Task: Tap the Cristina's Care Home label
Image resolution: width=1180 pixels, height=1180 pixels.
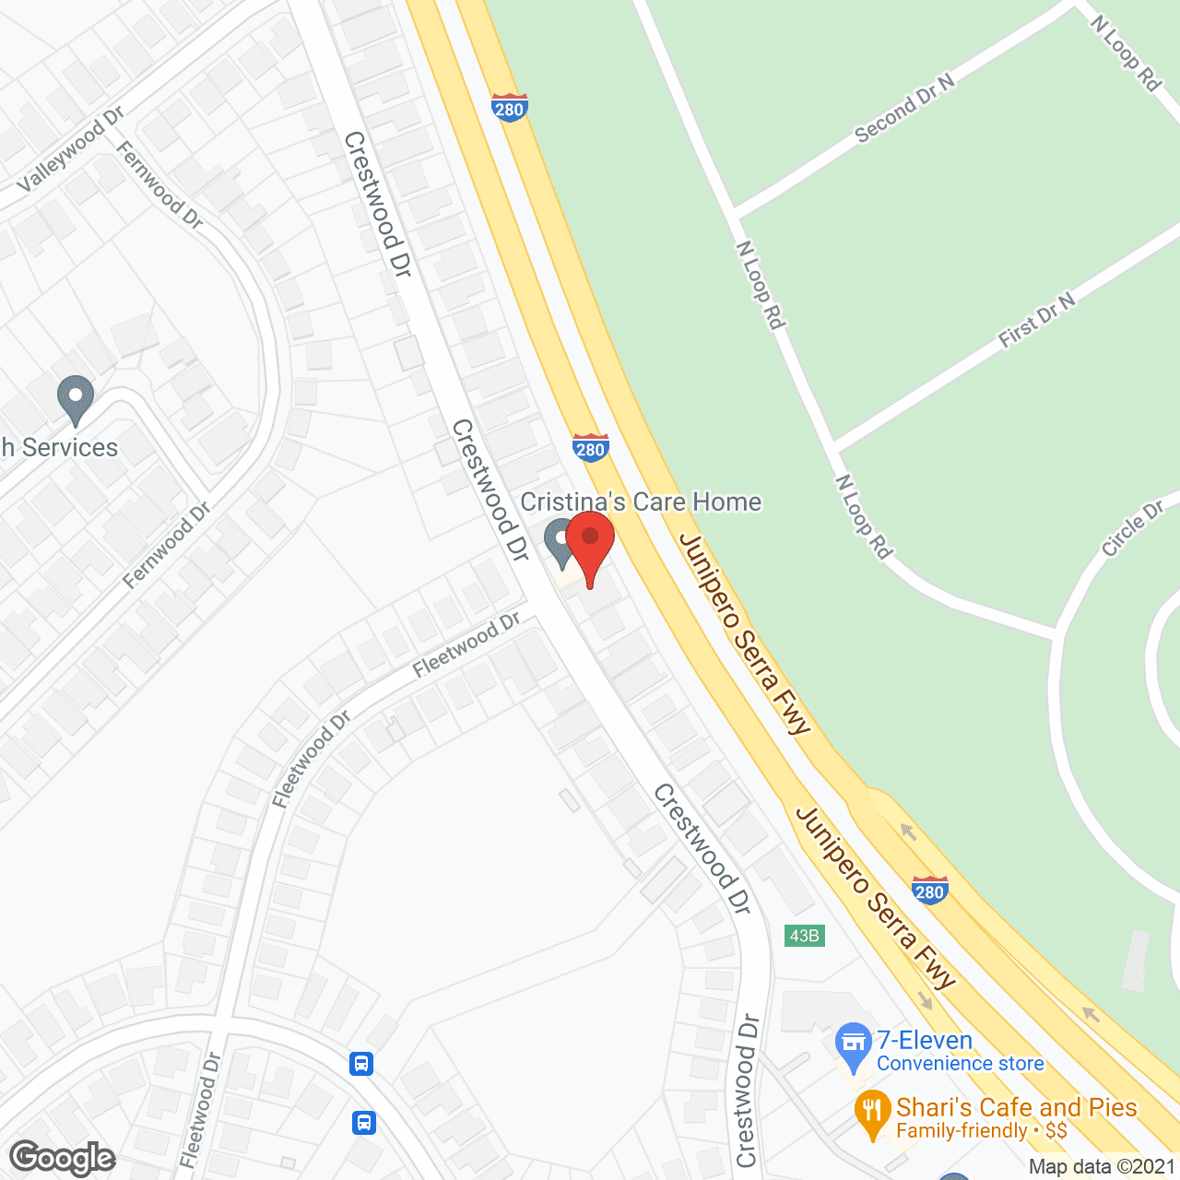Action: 642,502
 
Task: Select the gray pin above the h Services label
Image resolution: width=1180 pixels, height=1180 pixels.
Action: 76,400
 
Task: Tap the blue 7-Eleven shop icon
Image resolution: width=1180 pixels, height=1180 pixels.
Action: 854,1045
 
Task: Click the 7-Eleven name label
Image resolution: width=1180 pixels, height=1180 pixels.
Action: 925,1041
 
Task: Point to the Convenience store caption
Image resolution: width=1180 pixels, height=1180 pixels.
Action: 960,1064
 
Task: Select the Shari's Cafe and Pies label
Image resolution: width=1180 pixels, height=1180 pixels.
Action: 1016,1107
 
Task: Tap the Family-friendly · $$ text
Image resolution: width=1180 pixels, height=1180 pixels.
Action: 981,1131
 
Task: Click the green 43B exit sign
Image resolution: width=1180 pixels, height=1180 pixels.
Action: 804,936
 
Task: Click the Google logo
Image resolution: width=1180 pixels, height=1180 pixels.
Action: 63,1158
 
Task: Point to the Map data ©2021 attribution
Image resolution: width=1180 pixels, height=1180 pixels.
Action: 1103,1167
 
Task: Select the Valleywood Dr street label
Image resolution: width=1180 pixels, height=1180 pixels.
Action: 70,149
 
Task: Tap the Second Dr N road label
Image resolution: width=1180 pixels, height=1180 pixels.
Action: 904,109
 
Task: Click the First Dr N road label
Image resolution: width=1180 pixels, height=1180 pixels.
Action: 1037,321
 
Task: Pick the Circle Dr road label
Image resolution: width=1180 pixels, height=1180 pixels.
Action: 1132,529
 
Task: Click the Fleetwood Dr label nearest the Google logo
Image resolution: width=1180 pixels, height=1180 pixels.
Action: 201,1110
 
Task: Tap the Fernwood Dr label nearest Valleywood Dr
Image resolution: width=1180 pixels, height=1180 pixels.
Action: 159,183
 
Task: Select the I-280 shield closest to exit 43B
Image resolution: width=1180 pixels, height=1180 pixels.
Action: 929,891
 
